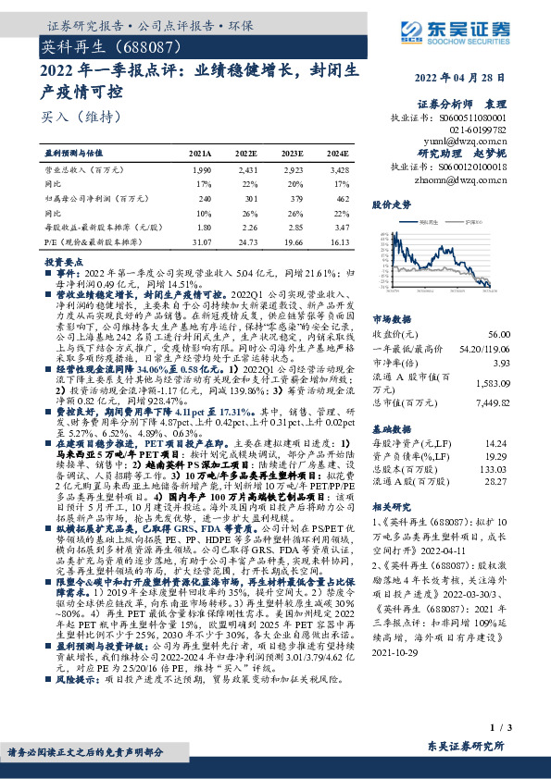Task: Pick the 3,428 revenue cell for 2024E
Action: click(338, 171)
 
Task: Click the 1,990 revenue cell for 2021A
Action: click(200, 171)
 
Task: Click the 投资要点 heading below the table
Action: click(64, 262)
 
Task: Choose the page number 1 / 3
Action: click(525, 731)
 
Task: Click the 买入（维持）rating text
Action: click(68, 117)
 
